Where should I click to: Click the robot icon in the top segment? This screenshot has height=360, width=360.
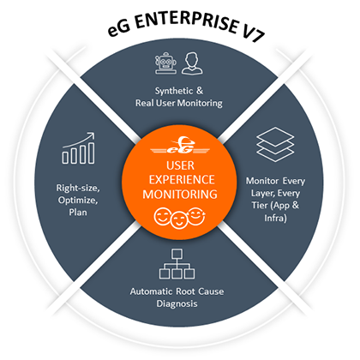click(165, 63)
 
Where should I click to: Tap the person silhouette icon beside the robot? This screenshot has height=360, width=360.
click(192, 63)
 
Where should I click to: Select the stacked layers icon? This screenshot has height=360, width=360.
click(275, 145)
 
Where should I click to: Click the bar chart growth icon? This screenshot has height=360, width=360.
click(79, 148)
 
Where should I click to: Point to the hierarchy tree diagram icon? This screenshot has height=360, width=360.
click(177, 264)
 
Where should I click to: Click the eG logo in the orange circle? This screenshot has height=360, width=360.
click(180, 146)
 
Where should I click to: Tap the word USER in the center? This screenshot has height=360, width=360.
click(180, 165)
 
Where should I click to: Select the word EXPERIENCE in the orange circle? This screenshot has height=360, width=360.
click(182, 180)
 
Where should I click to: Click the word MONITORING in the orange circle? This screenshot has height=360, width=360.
click(180, 195)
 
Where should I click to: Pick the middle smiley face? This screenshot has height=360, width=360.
click(179, 220)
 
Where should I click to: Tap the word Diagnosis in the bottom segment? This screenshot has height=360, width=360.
click(177, 303)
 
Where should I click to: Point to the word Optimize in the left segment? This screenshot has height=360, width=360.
click(78, 201)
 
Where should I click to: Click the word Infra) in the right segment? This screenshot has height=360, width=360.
click(275, 218)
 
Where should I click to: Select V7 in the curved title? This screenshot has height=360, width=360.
click(253, 33)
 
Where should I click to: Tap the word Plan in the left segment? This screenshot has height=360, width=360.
click(78, 213)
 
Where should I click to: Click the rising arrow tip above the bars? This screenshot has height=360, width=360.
click(93, 133)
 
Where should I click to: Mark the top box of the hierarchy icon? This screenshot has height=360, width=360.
click(177, 254)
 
